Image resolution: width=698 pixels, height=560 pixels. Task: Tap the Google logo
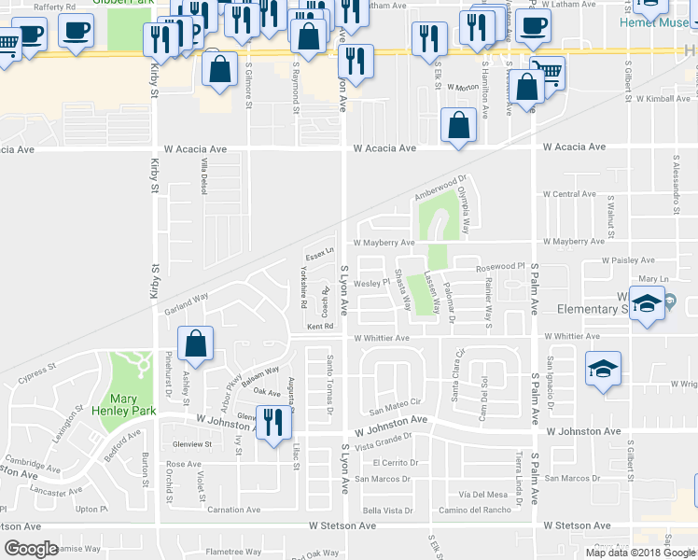[x=32, y=549]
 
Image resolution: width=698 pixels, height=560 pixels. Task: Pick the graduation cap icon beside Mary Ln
[x=646, y=304]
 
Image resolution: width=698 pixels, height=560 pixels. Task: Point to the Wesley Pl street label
[x=370, y=283]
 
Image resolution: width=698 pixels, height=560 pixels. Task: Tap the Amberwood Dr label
[x=440, y=189]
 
